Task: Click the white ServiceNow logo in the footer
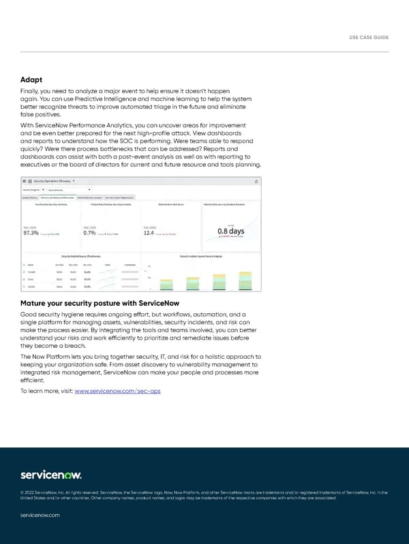coord(51,474)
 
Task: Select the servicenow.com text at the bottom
coord(40,515)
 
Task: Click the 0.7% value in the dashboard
coord(89,233)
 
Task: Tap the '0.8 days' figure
coord(231,231)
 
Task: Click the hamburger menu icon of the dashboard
coord(25,181)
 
